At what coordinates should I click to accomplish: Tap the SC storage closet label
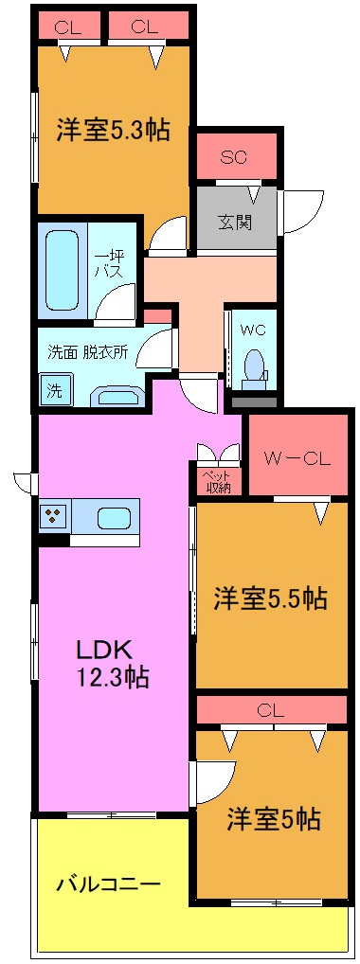pyautogui.click(x=234, y=157)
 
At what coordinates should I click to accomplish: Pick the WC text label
pyautogui.click(x=253, y=330)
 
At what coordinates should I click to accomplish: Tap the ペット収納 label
pyautogui.click(x=220, y=481)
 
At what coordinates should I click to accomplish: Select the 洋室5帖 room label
pyautogui.click(x=273, y=818)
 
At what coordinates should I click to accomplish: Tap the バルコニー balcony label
pyautogui.click(x=108, y=884)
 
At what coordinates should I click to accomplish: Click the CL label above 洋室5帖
pyautogui.click(x=270, y=709)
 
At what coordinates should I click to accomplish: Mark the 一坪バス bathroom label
pyautogui.click(x=105, y=262)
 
